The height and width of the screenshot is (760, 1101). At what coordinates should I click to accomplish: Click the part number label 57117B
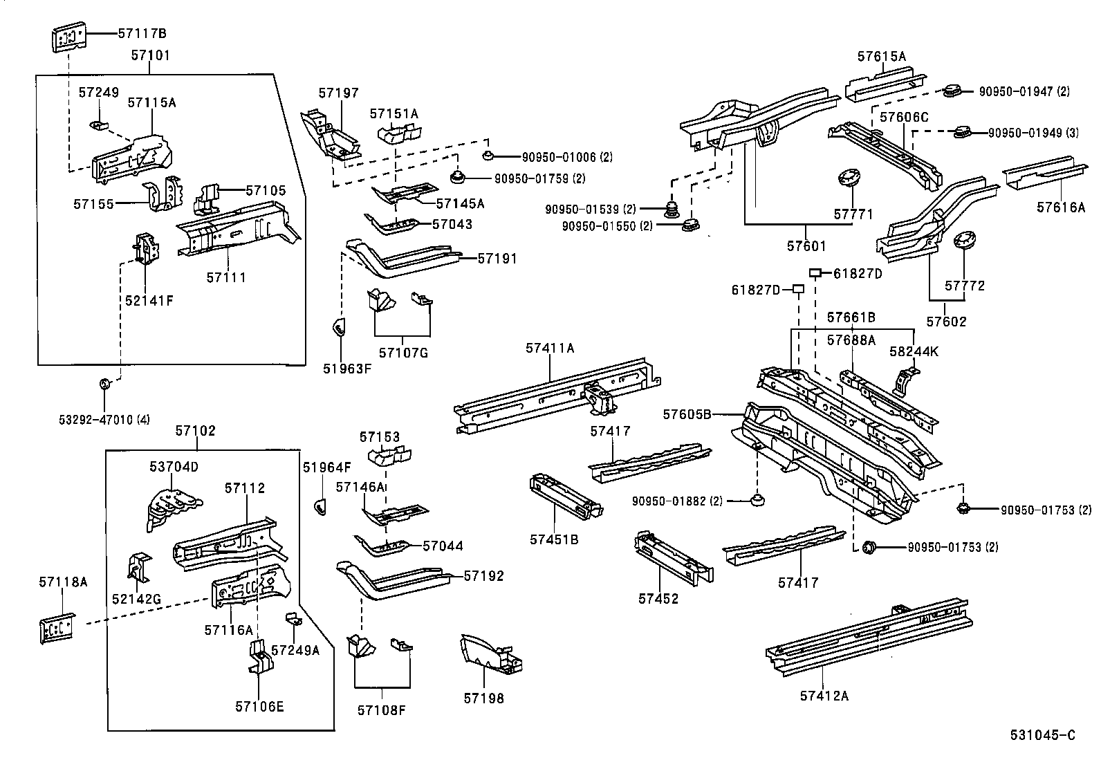click(x=142, y=33)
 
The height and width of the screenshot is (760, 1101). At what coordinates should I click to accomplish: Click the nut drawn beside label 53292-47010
click(x=104, y=384)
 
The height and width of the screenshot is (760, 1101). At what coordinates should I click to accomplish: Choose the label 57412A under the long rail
click(x=824, y=696)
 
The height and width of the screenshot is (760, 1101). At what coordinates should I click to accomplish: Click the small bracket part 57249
click(x=99, y=125)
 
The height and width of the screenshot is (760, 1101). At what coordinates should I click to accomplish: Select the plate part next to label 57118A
click(x=57, y=629)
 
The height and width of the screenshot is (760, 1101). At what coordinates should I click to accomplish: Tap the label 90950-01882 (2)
click(x=676, y=501)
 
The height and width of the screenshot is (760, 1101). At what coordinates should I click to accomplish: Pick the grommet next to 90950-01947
click(x=952, y=90)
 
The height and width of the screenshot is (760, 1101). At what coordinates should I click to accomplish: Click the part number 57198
click(x=483, y=698)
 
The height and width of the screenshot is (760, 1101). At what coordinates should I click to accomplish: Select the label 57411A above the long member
click(x=549, y=349)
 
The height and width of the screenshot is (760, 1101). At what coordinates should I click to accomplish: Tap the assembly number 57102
click(x=195, y=431)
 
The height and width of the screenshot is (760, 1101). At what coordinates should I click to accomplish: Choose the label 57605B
click(x=686, y=414)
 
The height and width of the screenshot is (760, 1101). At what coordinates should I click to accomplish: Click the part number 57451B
click(x=554, y=539)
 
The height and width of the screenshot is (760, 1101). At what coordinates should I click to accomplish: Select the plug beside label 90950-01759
click(x=457, y=178)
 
